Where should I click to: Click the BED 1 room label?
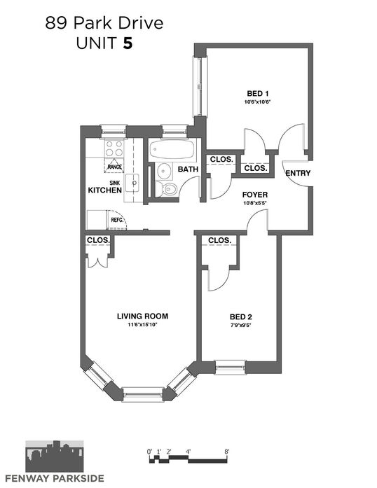point(257,93)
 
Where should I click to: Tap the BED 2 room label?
point(240,317)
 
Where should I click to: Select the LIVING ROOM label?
point(142,316)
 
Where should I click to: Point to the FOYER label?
point(255,195)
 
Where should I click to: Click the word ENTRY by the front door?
point(298,173)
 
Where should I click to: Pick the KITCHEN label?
point(104,190)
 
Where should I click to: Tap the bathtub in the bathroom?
point(172,149)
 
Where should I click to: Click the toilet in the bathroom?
point(166,189)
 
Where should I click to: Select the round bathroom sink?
point(164,171)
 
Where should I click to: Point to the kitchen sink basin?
point(132,183)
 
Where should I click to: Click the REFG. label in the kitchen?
point(118,220)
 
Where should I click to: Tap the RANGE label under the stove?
point(114,167)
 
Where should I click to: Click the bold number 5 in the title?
point(128,43)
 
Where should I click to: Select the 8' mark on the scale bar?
point(226,452)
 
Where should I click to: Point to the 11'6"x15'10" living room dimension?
point(142,325)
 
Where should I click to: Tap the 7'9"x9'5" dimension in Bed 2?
point(240,326)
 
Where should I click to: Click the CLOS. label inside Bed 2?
point(219,240)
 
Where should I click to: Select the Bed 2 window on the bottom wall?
point(231,368)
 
